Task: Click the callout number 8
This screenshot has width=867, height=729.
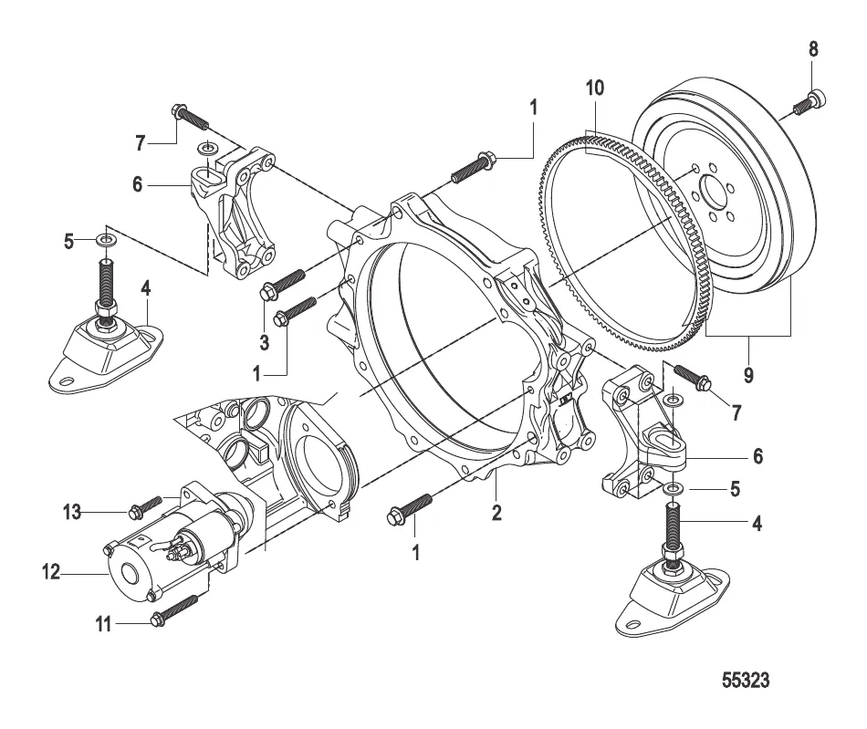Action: [x=813, y=49]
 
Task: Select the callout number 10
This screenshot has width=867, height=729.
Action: [x=595, y=89]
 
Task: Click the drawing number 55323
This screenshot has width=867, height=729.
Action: [x=747, y=681]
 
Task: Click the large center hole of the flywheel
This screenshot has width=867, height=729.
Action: [x=711, y=196]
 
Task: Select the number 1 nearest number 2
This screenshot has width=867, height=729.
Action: [x=416, y=552]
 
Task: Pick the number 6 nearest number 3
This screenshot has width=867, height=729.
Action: [x=138, y=184]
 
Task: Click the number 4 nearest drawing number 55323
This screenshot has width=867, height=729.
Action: [x=757, y=525]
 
